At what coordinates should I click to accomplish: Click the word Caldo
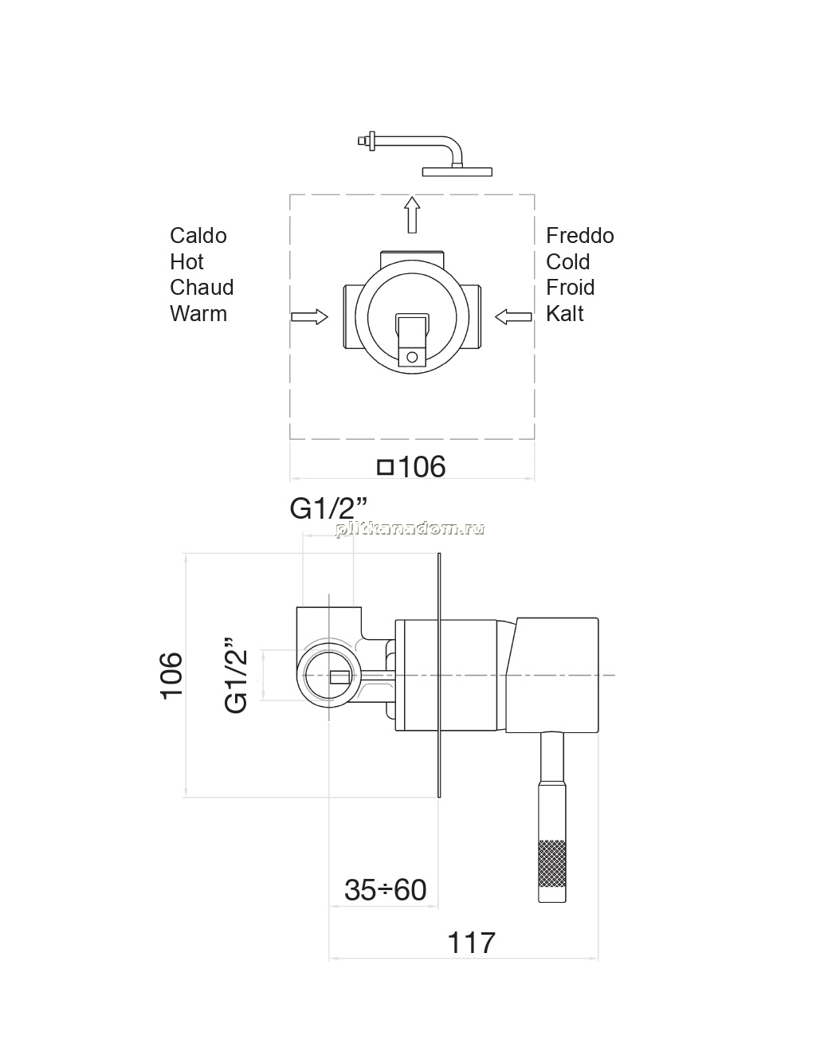[x=198, y=236]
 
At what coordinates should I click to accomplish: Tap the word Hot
[x=186, y=262]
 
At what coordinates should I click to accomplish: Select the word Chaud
[x=202, y=288]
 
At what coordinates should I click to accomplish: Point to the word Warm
[x=198, y=314]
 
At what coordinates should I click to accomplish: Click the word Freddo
[x=580, y=236]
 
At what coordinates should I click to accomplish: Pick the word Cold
[x=567, y=262]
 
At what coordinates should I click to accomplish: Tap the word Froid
[x=570, y=288]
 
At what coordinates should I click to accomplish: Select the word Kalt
[x=565, y=314]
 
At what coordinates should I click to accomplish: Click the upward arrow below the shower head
[x=412, y=214]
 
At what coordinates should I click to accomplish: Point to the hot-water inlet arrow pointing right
[x=309, y=317]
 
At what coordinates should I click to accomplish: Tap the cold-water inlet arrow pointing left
[x=513, y=317]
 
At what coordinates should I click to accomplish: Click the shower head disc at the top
[x=457, y=172]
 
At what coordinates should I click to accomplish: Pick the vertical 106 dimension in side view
[x=171, y=676]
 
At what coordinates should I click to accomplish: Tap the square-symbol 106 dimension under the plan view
[x=412, y=467]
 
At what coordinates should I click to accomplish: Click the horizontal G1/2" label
[x=328, y=509]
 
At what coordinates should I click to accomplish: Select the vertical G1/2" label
[x=237, y=675]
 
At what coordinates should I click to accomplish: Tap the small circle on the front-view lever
[x=412, y=357]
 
